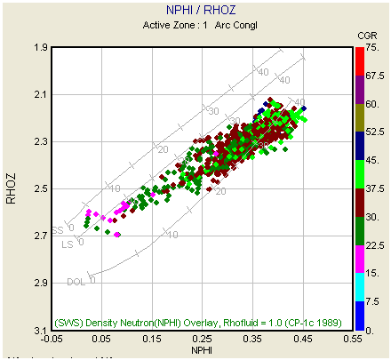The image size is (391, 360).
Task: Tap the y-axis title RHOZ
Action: pyautogui.click(x=12, y=189)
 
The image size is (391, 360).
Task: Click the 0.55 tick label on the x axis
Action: pyautogui.click(x=355, y=340)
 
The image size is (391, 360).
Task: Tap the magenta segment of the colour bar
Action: pyautogui.click(x=359, y=259)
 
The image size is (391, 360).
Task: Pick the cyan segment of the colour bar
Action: pyautogui.click(x=359, y=287)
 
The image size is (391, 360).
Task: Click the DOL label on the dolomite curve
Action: pyautogui.click(x=76, y=282)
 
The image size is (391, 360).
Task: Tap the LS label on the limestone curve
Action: pyautogui.click(x=67, y=244)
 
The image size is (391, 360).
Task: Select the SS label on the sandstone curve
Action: pyautogui.click(x=58, y=228)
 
